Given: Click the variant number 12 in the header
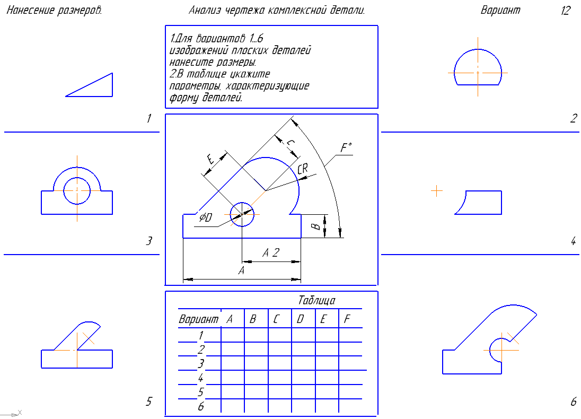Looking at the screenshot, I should click(565, 11).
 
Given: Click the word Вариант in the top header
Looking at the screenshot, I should click(500, 11).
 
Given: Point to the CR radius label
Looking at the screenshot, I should click(303, 169).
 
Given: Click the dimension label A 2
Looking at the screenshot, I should click(271, 254).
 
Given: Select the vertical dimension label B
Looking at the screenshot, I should click(315, 226).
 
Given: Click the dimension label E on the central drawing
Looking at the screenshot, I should click(210, 159).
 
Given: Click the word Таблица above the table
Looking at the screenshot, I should click(316, 301).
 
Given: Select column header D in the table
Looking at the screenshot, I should click(300, 319).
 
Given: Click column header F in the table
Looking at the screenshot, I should click(347, 319).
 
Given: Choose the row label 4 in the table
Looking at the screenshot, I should click(200, 379).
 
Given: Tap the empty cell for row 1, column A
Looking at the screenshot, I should click(232, 335).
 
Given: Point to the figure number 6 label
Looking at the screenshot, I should click(573, 402).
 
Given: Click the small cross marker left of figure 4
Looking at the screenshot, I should click(437, 190).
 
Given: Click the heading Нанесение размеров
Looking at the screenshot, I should click(54, 11).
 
